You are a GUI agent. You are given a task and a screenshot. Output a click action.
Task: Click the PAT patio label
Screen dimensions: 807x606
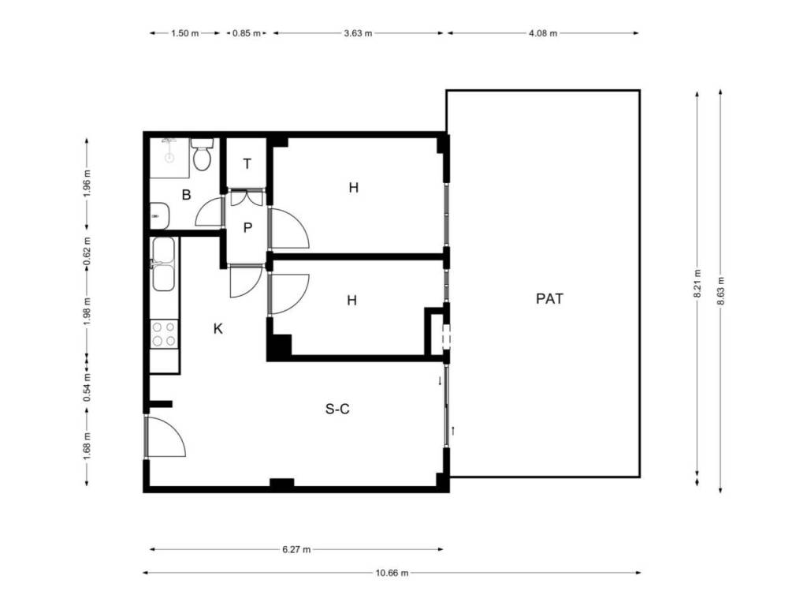coord(549,299)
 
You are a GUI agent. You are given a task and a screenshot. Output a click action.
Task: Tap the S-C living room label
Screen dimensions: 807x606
coord(337,410)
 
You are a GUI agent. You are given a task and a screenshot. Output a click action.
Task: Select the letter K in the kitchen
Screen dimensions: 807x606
coord(218,329)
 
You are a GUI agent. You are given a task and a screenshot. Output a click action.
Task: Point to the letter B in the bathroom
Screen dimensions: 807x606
coord(186,195)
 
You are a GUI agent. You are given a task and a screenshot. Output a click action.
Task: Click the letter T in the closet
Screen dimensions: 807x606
coord(247,164)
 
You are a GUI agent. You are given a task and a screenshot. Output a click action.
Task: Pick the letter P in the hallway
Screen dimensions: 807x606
coord(247,228)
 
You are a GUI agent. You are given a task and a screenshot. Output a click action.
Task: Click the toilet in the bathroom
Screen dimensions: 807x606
coord(203,154)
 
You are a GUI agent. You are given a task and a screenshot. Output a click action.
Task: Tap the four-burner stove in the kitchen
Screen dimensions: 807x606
coord(164,334)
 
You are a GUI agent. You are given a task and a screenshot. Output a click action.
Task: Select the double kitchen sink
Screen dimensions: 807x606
coord(162,264)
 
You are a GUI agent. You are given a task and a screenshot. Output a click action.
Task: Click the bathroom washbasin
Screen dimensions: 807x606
coord(159,215)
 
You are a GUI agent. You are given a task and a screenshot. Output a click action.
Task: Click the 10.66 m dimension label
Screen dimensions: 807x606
coord(392,573)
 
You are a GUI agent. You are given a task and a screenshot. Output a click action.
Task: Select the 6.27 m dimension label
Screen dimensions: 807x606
coord(296,549)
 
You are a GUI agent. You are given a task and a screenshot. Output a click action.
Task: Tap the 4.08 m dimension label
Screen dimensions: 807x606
coord(543,33)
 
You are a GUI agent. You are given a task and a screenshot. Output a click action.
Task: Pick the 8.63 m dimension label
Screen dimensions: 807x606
coord(720,291)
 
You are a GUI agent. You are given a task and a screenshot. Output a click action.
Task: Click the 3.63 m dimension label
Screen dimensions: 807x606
coord(358,33)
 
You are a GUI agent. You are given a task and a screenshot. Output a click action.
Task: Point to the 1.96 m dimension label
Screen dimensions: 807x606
coord(87,184)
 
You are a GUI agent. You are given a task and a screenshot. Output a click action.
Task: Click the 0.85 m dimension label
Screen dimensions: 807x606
coord(247,33)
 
